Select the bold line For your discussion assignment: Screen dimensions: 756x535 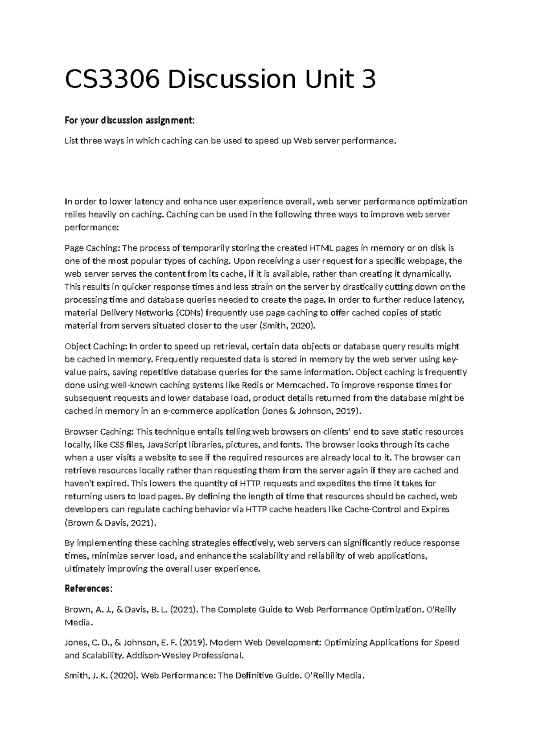(130, 120)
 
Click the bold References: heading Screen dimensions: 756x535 (89, 588)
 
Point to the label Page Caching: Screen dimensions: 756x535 (92, 248)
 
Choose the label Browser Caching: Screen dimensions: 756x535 (99, 431)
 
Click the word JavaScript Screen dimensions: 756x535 (167, 444)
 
